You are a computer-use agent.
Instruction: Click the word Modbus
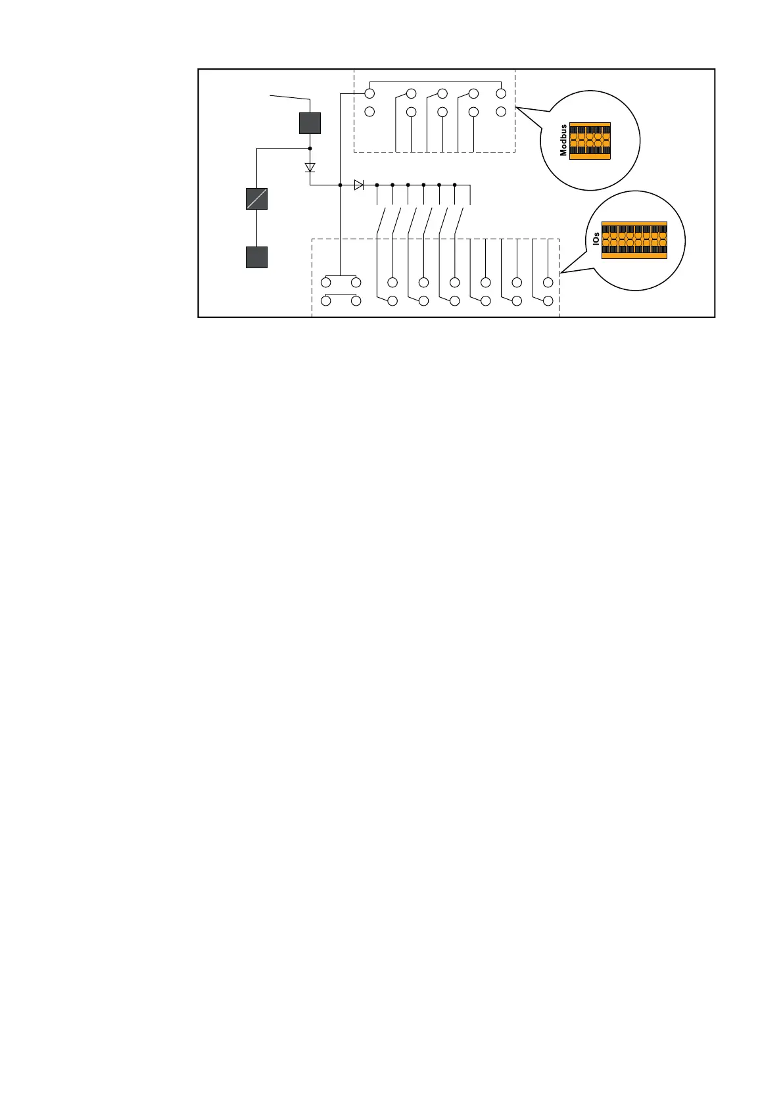pyautogui.click(x=563, y=140)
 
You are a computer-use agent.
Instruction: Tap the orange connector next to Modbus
pyautogui.click(x=590, y=141)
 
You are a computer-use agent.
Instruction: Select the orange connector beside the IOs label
pyautogui.click(x=634, y=240)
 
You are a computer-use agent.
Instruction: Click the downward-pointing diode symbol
pyautogui.click(x=310, y=167)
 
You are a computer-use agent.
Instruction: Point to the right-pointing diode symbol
pyautogui.click(x=358, y=185)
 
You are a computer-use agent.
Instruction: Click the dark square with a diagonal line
pyautogui.click(x=256, y=199)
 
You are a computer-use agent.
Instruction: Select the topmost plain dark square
pyautogui.click(x=310, y=123)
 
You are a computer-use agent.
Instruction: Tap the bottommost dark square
pyautogui.click(x=256, y=257)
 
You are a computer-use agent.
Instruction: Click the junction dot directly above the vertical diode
pyautogui.click(x=310, y=149)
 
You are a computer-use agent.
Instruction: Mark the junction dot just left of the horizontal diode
pyautogui.click(x=340, y=185)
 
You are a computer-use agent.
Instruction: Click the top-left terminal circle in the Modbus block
pyautogui.click(x=369, y=93)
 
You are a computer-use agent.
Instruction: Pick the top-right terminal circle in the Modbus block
pyautogui.click(x=501, y=93)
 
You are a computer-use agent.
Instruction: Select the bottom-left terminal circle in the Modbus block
pyautogui.click(x=369, y=112)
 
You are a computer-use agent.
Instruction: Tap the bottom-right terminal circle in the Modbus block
pyautogui.click(x=501, y=112)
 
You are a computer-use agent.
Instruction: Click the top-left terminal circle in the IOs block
pyautogui.click(x=326, y=283)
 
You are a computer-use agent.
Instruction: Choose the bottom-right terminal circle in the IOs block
pyautogui.click(x=548, y=300)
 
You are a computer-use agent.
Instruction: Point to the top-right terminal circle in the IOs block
pyautogui.click(x=548, y=283)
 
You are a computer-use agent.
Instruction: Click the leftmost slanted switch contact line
pyautogui.click(x=381, y=220)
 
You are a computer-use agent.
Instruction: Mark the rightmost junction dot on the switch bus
pyautogui.click(x=455, y=185)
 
